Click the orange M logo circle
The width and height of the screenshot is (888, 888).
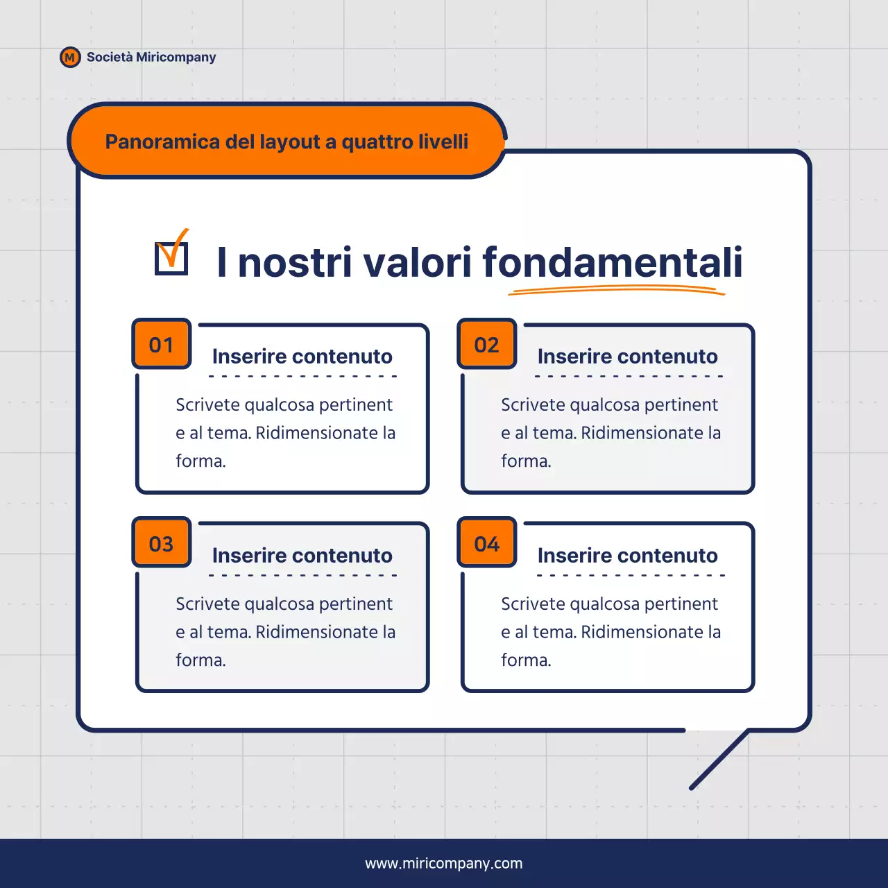click(x=70, y=58)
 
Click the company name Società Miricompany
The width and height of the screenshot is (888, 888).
click(x=151, y=57)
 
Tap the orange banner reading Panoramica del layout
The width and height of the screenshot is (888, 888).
click(x=287, y=142)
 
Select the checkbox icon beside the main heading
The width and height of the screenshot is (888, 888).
click(x=171, y=256)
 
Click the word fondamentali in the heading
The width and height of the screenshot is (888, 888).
click(x=613, y=262)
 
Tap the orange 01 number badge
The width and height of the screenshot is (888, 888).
click(x=162, y=344)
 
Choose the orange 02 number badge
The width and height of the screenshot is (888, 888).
click(x=487, y=344)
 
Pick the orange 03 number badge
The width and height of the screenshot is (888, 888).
click(x=162, y=543)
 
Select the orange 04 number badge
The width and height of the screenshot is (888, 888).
click(x=487, y=543)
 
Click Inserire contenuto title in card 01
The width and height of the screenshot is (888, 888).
click(x=302, y=356)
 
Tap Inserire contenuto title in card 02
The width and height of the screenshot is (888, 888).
click(x=628, y=356)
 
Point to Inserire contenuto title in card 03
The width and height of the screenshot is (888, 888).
click(x=302, y=555)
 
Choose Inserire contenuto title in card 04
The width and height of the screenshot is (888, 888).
click(x=628, y=555)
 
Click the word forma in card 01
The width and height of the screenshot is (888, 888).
click(x=199, y=461)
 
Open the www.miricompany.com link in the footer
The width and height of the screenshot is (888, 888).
click(x=444, y=863)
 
